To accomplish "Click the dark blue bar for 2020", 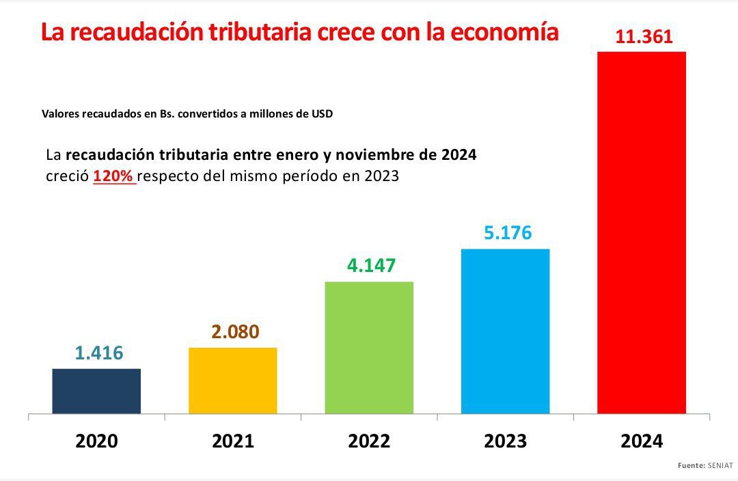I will pyautogui.click(x=96, y=391).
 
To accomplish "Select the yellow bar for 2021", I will pyautogui.click(x=232, y=381).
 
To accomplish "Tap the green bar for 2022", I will pyautogui.click(x=369, y=347).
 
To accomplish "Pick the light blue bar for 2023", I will pyautogui.click(x=505, y=331).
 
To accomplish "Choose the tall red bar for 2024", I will pyautogui.click(x=641, y=232).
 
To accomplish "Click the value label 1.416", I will pyautogui.click(x=98, y=353).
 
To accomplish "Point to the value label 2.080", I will pyautogui.click(x=234, y=332).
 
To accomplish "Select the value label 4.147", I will pyautogui.click(x=371, y=265).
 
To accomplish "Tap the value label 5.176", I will pyautogui.click(x=507, y=233).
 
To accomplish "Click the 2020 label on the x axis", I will pyautogui.click(x=96, y=441).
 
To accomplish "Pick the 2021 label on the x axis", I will pyautogui.click(x=232, y=441).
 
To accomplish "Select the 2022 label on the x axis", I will pyautogui.click(x=369, y=441).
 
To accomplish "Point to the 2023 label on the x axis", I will pyautogui.click(x=505, y=441).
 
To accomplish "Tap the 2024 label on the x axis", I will pyautogui.click(x=641, y=441).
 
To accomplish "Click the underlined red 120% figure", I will pyautogui.click(x=114, y=176).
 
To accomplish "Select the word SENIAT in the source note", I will pyautogui.click(x=720, y=465).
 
